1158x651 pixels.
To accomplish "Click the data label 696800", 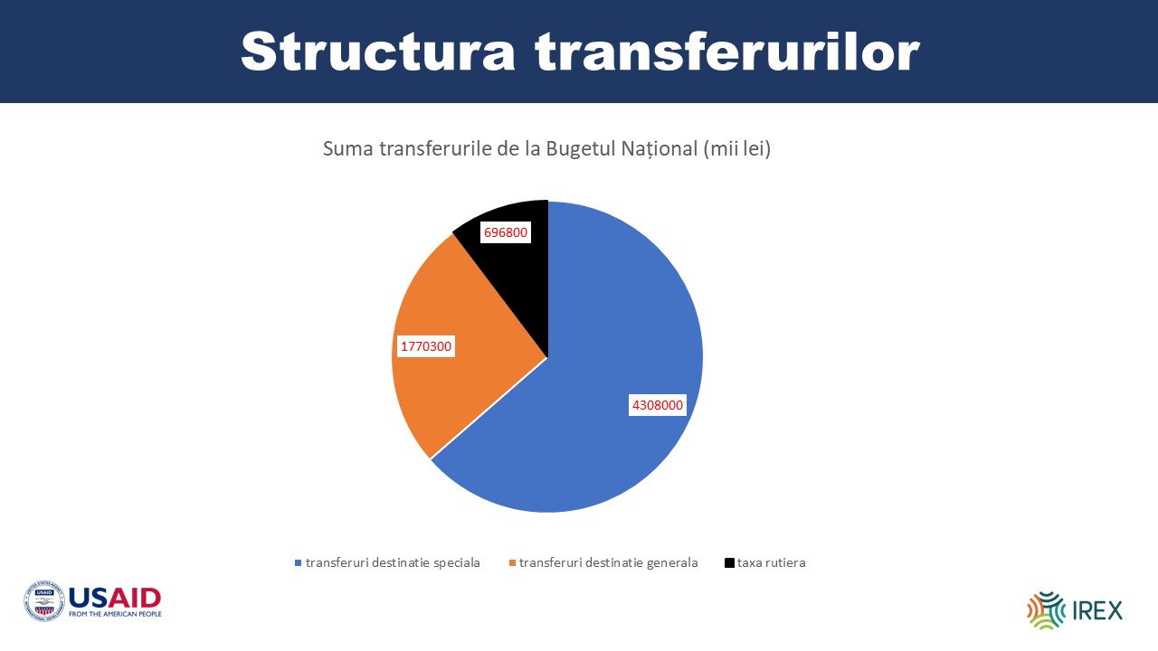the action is [506, 232].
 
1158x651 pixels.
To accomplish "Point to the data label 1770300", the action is [426, 346].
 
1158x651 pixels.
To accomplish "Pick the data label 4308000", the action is [658, 405].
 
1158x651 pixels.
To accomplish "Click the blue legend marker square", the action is [298, 562].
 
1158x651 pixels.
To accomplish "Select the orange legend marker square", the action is [512, 562].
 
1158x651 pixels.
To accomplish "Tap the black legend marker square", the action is [729, 562].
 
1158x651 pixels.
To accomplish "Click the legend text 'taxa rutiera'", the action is [772, 562].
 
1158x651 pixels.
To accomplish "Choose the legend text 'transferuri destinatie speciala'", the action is [393, 562].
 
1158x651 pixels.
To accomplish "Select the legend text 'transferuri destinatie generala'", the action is [609, 562].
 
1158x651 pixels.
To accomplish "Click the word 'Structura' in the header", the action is [378, 52].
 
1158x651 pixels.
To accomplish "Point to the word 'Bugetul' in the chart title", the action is [581, 149].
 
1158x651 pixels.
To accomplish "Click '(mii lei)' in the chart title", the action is [736, 149].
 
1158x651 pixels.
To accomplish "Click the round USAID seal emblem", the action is [44, 601].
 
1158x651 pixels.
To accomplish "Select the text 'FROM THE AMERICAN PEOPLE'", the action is [115, 614].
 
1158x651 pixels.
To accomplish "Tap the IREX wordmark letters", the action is [1097, 610].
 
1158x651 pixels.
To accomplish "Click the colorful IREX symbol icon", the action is [1046, 610].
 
